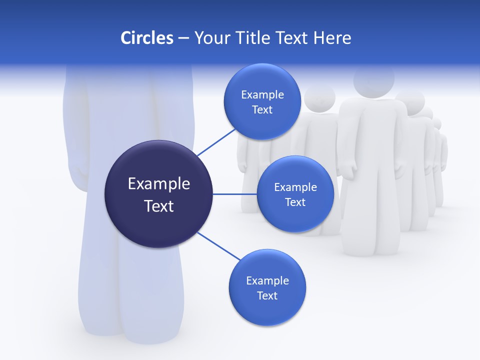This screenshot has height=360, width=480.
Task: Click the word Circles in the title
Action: tap(146, 38)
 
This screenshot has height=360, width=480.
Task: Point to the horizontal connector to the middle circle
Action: tap(234, 194)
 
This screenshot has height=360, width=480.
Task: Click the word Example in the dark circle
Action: tap(158, 184)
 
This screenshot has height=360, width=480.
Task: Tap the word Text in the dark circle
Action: tap(158, 206)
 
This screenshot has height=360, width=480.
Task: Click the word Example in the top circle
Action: tap(262, 95)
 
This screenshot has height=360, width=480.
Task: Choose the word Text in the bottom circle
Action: tap(267, 295)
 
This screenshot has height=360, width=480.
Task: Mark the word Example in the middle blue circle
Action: tap(295, 187)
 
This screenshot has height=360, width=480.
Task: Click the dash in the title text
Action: tap(183, 38)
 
